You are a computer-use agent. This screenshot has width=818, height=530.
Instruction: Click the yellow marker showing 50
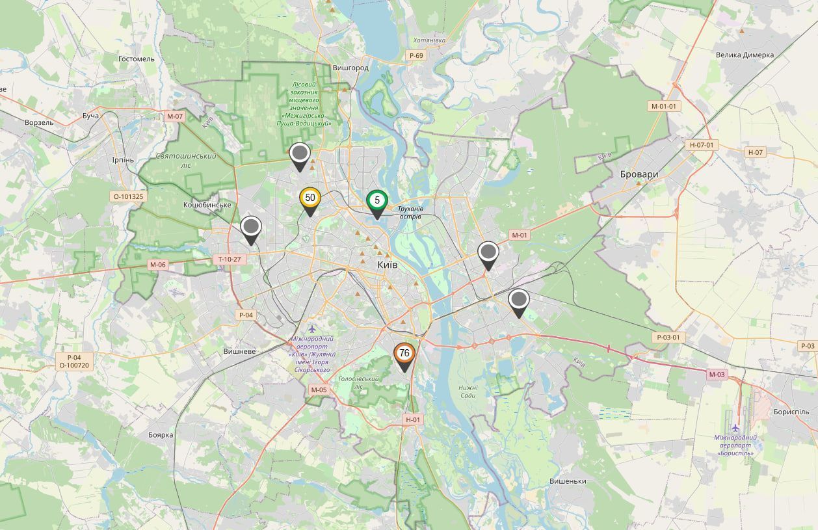(310, 198)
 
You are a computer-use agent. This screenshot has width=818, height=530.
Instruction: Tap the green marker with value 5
(377, 201)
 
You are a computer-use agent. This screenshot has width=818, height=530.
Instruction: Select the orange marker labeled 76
(404, 353)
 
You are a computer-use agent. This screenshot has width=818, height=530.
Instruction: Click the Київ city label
(387, 265)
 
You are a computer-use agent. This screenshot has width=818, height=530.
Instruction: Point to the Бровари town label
(639, 174)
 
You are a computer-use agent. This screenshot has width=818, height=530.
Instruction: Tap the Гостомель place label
(137, 59)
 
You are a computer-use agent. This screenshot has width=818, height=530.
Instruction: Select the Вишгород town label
(350, 68)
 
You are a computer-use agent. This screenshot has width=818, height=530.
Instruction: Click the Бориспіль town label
(791, 412)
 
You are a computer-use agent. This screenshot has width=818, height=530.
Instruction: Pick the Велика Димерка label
(745, 55)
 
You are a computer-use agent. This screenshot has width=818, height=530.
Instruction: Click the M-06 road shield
(158, 265)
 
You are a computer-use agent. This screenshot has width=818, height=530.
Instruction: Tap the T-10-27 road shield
(230, 259)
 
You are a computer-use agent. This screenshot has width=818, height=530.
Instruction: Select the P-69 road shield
(416, 56)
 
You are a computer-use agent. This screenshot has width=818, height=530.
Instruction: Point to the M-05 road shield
(319, 390)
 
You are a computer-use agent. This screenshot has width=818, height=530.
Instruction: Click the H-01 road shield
(413, 420)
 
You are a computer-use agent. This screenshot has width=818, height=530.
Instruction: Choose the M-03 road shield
(717, 374)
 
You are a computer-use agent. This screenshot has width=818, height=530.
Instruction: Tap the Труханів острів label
(410, 212)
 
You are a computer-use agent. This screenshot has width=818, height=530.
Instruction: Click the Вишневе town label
(239, 351)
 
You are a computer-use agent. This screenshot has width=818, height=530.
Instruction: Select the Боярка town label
(161, 434)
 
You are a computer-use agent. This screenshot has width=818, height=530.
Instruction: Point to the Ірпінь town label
(122, 160)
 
